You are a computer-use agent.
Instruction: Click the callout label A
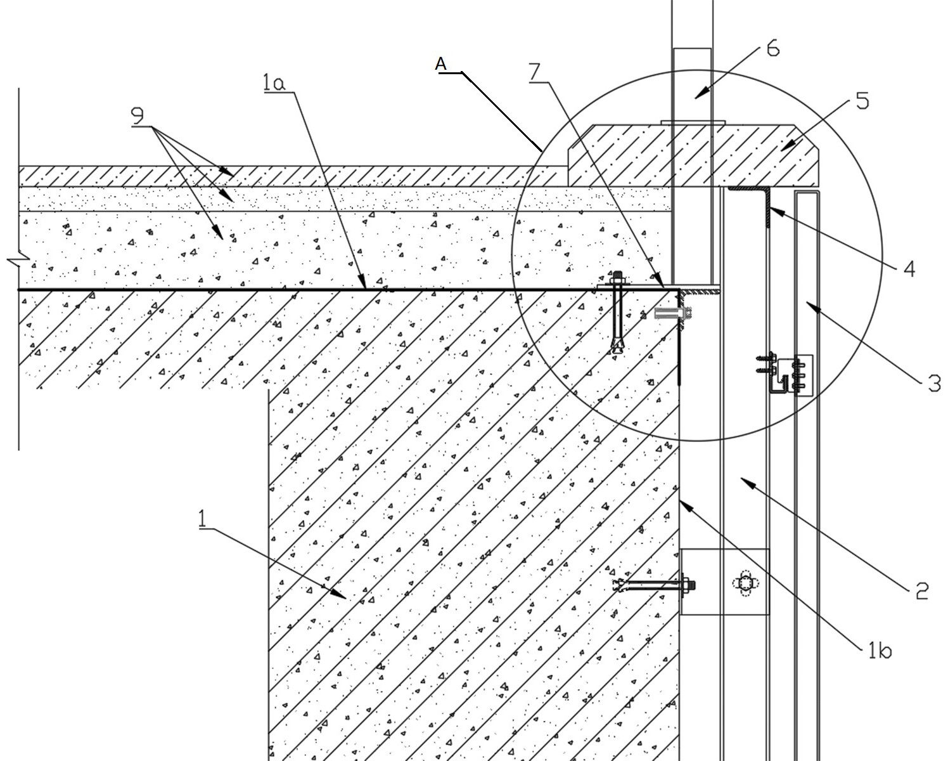pos(440,63)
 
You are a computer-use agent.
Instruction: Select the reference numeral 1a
pos(274,82)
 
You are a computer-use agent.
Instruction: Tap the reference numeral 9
pos(138,116)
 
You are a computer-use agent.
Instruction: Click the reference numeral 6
pos(772,48)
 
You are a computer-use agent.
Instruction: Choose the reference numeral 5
pos(862,101)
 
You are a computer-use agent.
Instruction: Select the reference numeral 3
pos(934,383)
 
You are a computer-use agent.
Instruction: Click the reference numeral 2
pos(922,591)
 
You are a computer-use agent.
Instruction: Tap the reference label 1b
pos(880,650)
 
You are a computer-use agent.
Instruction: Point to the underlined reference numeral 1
pos(202,518)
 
